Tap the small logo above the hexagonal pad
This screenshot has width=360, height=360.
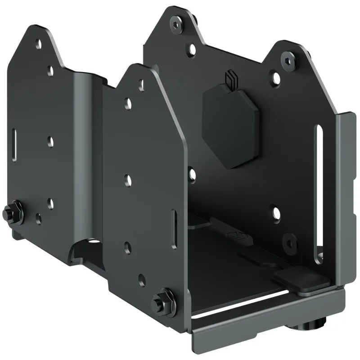[230, 81]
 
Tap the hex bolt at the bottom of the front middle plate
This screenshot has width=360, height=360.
[161, 299]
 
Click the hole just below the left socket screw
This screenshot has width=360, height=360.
[192, 46]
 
